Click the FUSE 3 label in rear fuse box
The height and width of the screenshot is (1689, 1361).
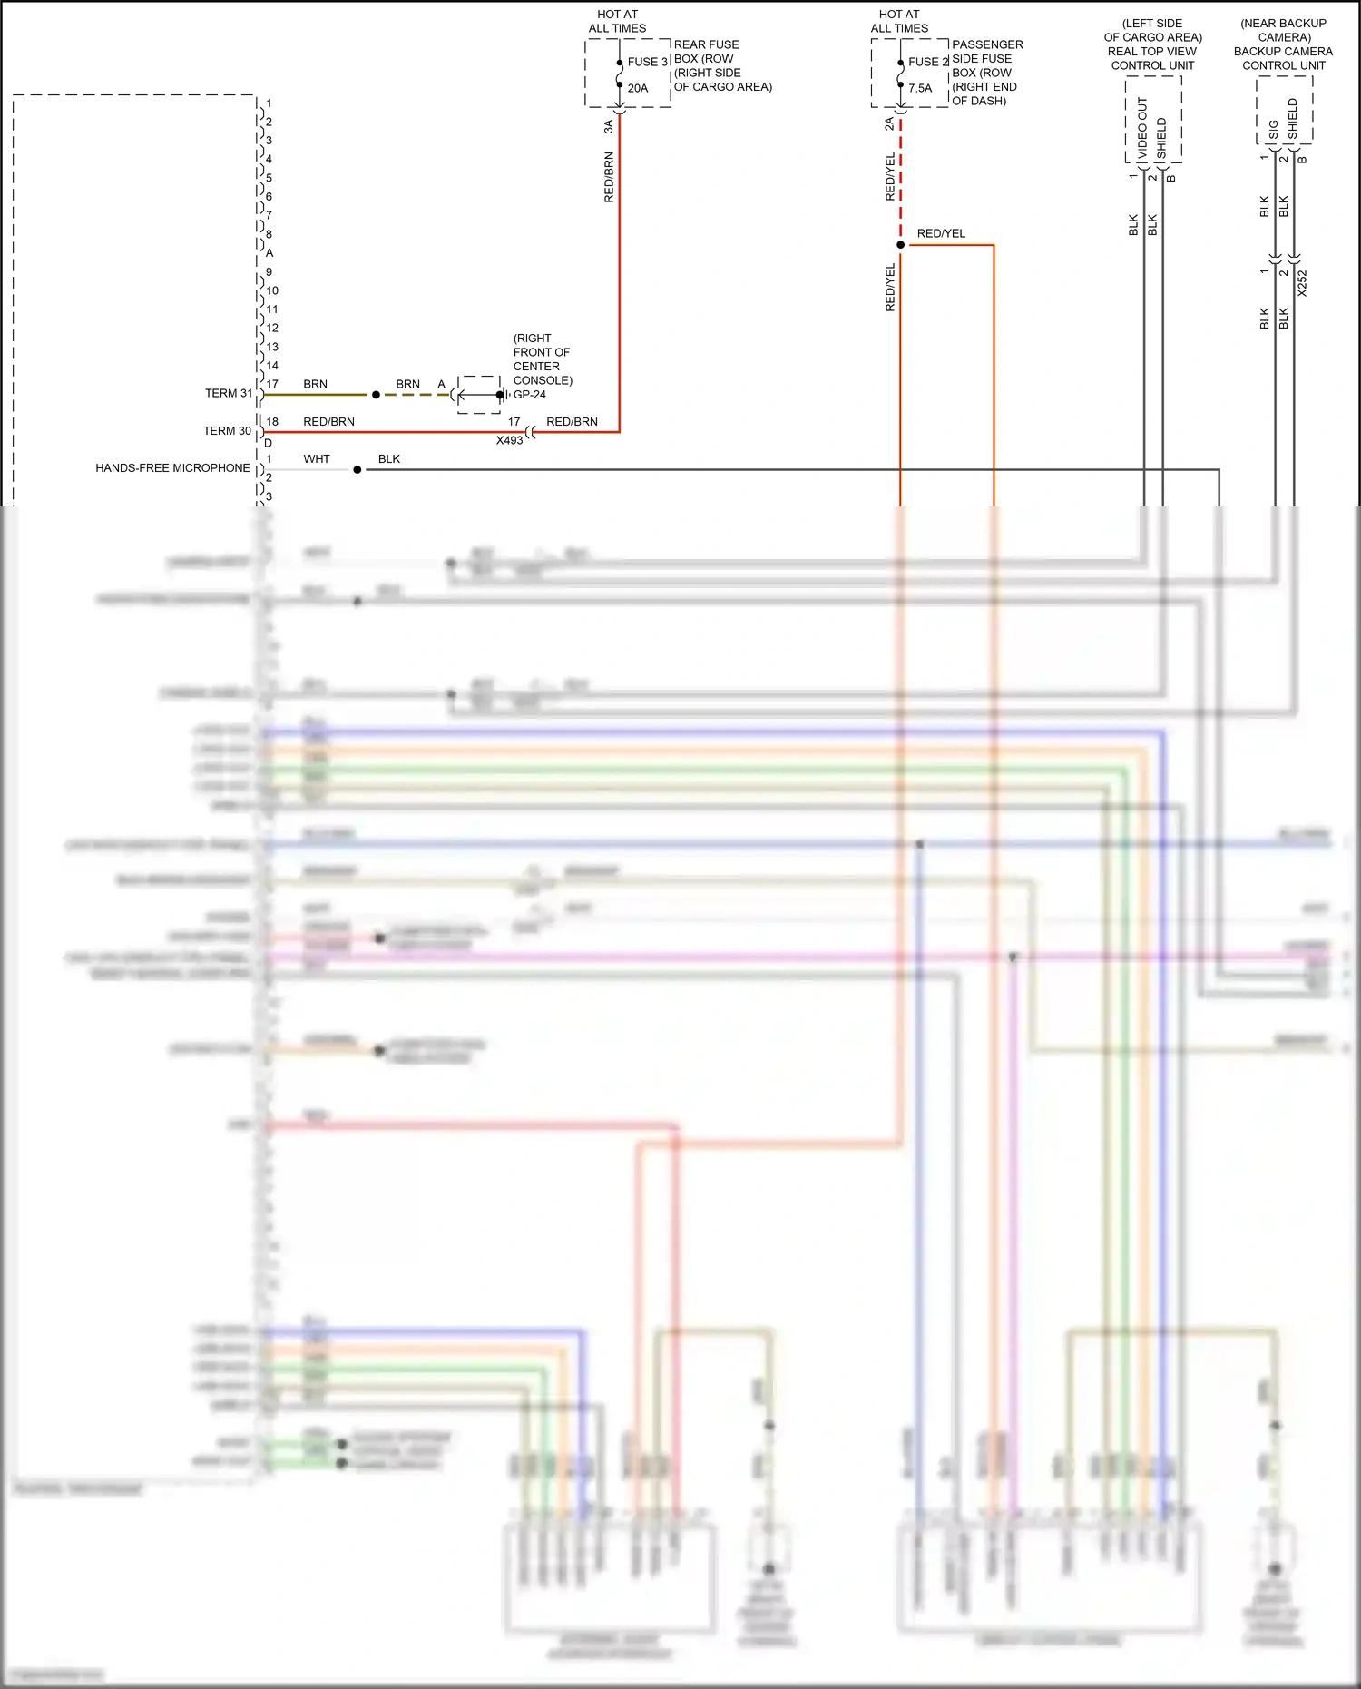[x=647, y=62]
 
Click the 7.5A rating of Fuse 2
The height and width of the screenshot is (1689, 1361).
[x=920, y=88]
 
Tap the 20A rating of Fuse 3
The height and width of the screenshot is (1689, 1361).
[x=638, y=88]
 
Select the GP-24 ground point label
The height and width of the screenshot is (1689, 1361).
[x=530, y=395]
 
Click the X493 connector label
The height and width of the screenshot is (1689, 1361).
[x=509, y=440]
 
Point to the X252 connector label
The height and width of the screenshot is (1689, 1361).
[x=1302, y=283]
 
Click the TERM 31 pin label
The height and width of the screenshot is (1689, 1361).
[x=229, y=393]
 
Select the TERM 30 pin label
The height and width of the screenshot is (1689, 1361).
[x=227, y=431]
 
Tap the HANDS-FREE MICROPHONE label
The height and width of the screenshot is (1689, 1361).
[x=172, y=468]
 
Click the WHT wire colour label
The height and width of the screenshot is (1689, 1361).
[x=317, y=459]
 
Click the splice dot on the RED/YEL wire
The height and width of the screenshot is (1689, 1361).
[x=900, y=245]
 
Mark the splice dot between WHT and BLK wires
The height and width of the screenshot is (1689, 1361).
[x=357, y=470]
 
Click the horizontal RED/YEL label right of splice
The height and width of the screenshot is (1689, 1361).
[x=941, y=234]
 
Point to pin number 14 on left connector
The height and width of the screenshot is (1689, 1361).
[x=272, y=366]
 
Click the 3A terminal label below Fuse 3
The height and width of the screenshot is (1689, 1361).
[x=609, y=126]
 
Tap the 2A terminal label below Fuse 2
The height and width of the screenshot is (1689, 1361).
[x=889, y=123]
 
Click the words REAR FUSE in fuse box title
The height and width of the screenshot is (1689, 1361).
[x=706, y=44]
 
